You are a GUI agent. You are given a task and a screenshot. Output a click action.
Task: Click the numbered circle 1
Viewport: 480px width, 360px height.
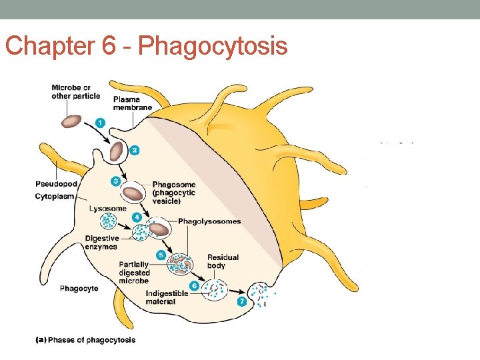99,123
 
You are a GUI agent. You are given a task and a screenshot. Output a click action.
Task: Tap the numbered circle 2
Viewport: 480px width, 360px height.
134,150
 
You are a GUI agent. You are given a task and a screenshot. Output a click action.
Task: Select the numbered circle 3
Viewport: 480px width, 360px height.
115,181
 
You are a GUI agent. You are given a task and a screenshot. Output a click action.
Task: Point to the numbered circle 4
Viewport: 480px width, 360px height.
136,217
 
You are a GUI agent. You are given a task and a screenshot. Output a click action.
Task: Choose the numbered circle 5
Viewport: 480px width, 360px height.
161,255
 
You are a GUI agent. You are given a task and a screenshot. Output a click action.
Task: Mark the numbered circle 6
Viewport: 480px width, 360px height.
194,286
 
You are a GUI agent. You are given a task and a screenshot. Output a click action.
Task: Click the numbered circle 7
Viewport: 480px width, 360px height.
241,301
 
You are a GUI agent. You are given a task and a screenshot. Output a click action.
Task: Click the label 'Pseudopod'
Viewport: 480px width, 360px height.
55,183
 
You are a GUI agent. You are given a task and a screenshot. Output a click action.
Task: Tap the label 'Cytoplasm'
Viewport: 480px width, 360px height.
55,197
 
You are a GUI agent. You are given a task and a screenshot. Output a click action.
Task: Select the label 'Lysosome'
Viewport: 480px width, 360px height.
107,209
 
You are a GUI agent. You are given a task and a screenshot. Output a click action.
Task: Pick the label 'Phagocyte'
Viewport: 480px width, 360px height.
79,289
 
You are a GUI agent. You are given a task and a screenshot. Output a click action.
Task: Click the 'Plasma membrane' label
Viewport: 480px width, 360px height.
133,103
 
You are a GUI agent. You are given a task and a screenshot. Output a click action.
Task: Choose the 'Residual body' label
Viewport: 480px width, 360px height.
223,261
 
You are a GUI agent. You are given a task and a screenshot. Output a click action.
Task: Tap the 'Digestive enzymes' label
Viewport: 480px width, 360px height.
101,243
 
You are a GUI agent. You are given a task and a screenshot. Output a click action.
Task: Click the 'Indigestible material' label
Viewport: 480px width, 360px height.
167,297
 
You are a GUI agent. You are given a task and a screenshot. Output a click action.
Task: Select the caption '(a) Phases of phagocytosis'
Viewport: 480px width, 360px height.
85,340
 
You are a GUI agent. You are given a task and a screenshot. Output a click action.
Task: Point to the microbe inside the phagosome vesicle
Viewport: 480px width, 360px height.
133,193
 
